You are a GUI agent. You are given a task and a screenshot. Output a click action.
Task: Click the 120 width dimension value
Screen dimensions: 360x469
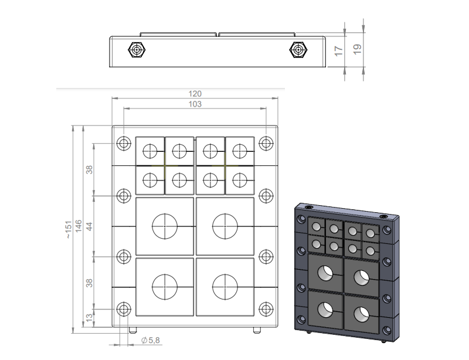(195, 94)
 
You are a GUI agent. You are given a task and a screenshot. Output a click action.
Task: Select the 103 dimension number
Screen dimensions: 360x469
(195, 104)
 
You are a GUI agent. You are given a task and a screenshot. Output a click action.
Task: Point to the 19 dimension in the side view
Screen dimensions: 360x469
(358, 49)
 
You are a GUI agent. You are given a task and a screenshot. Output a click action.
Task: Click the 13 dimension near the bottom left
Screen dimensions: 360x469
(90, 317)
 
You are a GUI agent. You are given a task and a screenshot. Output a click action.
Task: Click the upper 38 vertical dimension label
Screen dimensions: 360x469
(90, 169)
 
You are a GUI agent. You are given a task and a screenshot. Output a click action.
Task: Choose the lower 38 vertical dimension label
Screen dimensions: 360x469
(90, 283)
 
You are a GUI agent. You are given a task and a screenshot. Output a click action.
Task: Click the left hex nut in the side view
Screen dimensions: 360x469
(137, 50)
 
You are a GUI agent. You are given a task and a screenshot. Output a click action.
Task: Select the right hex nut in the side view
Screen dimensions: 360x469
(298, 50)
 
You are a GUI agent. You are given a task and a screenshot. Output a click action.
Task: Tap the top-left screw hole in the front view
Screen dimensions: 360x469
(124, 143)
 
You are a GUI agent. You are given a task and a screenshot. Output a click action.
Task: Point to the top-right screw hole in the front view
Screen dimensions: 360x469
(266, 143)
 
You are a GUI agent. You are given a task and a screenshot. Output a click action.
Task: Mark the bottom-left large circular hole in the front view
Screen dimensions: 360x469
(165, 287)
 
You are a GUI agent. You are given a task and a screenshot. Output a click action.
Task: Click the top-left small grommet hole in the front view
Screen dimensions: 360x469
(150, 151)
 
